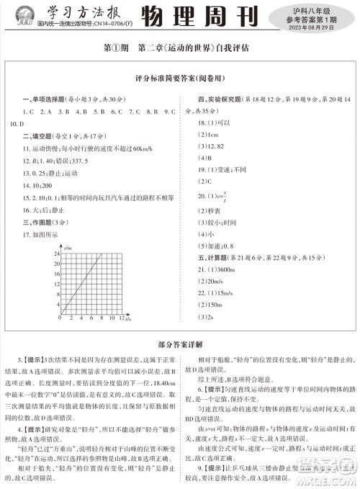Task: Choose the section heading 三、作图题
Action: pos(30,223)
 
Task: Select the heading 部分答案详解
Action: pos(179,345)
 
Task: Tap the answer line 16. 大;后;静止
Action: pos(43,210)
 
